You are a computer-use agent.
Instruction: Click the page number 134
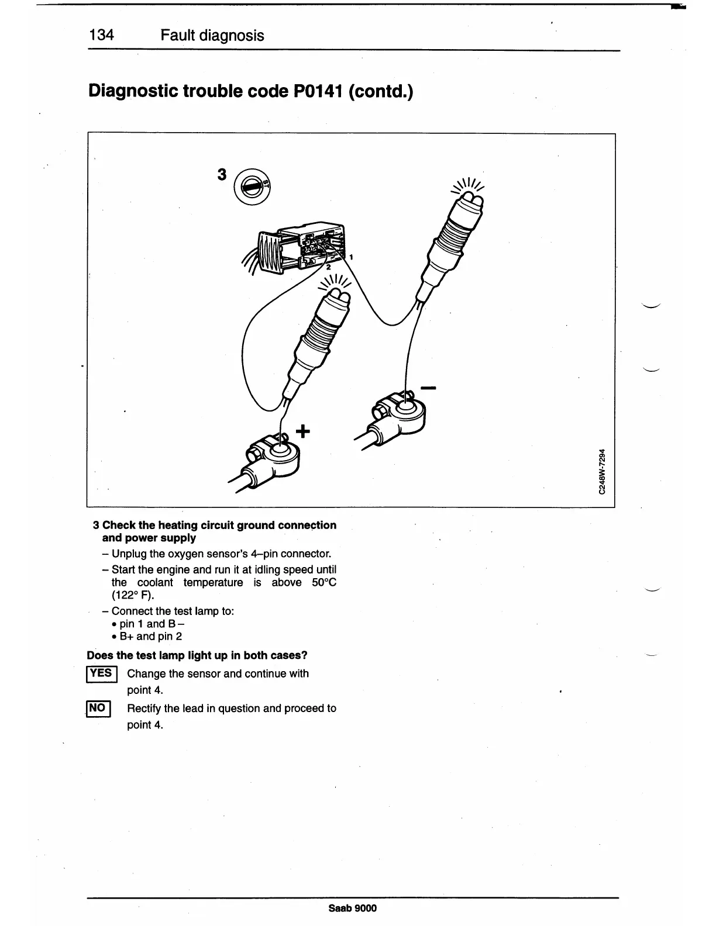(101, 36)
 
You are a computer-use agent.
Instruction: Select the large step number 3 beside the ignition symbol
(222, 175)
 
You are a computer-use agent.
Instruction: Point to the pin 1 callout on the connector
(350, 257)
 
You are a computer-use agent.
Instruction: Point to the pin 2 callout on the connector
(328, 267)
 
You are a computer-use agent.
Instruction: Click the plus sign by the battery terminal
(302, 432)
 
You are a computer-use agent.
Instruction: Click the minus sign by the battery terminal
(428, 388)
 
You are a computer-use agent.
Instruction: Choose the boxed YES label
(102, 673)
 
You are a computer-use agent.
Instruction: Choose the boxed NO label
(98, 709)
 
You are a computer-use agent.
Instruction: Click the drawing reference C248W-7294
(602, 472)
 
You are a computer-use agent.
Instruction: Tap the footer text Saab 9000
(353, 908)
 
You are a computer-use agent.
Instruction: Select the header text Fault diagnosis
(212, 36)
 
